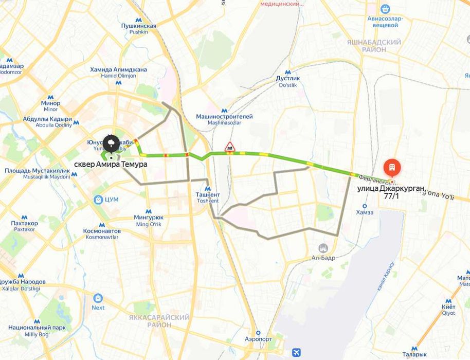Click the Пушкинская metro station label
click(138, 26)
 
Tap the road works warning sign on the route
click(230, 147)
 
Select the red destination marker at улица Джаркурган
click(391, 168)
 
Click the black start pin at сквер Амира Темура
click(110, 143)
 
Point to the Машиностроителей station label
click(224, 117)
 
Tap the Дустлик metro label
click(288, 78)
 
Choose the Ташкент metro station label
click(208, 195)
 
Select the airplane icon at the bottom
click(296, 352)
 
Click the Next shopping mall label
click(98, 308)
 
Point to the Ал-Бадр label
click(323, 258)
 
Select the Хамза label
click(365, 212)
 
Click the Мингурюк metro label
click(148, 218)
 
